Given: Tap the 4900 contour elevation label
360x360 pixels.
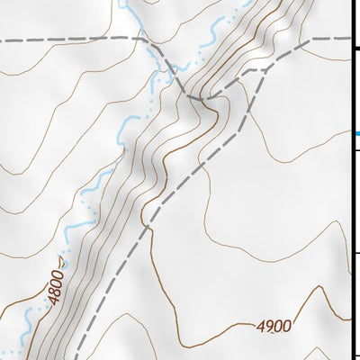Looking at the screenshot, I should [274, 327].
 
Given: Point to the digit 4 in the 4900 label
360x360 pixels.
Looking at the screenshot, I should [261, 326].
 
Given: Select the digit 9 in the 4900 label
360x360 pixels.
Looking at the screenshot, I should [269, 326].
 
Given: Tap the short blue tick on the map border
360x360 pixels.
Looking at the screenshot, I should [355, 134].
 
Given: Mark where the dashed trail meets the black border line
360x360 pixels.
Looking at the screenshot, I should [349, 39].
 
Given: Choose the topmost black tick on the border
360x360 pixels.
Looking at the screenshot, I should [356, 48].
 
